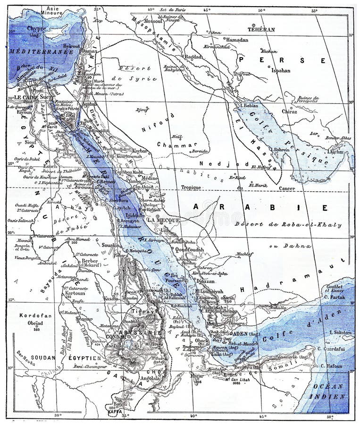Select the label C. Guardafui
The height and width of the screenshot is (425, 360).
pyautogui.click(x=337, y=350)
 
